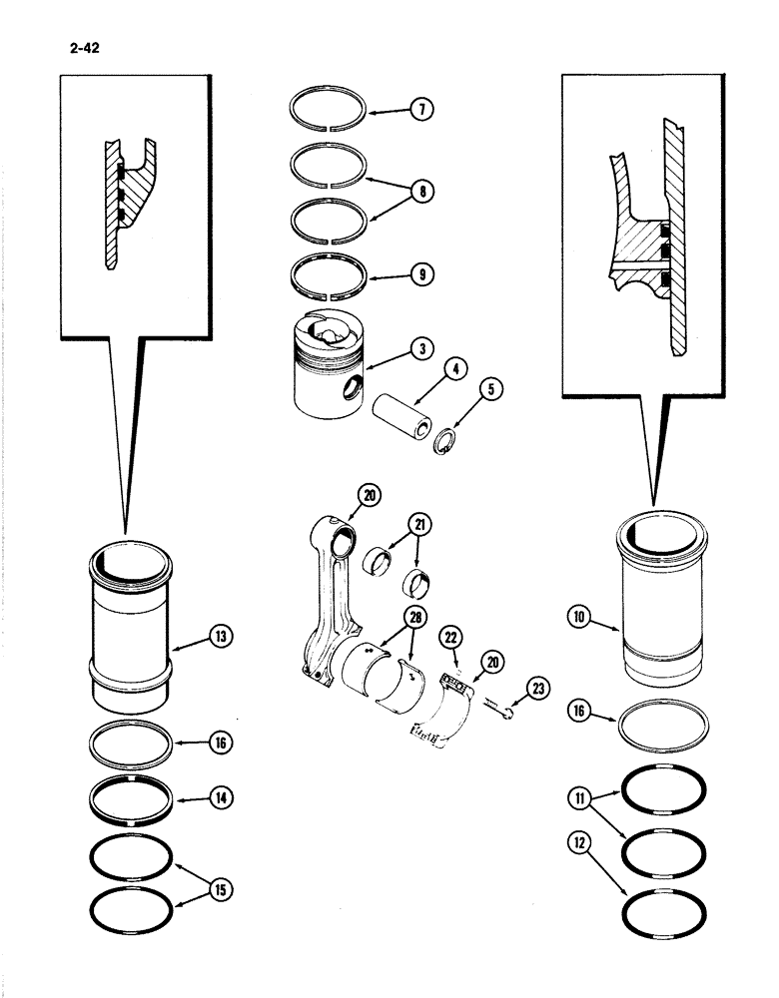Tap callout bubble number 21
click(421, 525)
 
